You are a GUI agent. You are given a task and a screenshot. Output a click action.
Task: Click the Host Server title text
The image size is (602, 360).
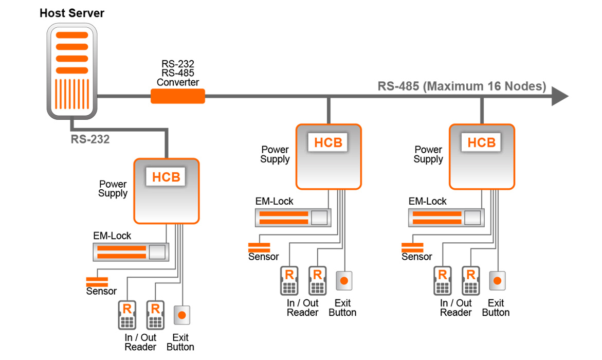(x=71, y=13)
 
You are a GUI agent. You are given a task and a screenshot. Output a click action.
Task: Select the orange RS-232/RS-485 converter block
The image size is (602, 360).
(x=177, y=96)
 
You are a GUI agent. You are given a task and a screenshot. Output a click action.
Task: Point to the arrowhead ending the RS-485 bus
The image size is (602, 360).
(x=559, y=96)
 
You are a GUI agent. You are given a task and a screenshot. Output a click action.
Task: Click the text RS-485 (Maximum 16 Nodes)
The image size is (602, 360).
(x=462, y=86)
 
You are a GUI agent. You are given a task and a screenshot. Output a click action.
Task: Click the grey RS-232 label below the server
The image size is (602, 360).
(x=90, y=139)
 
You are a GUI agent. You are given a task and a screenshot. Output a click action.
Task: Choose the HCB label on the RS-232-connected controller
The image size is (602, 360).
(x=167, y=177)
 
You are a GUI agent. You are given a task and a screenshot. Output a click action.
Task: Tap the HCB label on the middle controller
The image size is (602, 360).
(x=328, y=142)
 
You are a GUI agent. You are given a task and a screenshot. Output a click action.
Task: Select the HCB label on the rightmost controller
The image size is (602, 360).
(x=481, y=142)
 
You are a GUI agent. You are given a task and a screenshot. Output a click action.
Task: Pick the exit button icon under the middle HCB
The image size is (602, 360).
(x=343, y=281)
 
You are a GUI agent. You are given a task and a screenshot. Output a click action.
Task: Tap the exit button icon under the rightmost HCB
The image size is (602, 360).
(x=497, y=281)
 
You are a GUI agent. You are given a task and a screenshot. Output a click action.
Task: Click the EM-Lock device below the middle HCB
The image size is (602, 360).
(x=293, y=217)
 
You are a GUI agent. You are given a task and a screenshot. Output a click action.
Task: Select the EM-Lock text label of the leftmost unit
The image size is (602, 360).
(x=112, y=236)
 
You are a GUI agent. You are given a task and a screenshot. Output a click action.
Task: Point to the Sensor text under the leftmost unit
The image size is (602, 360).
(x=101, y=291)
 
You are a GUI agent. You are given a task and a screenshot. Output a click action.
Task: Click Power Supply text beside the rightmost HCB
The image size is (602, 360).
(x=428, y=154)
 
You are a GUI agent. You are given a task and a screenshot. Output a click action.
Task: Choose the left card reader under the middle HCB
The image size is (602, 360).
(x=289, y=281)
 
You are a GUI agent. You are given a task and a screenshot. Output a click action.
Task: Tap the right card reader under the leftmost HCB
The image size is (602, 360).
(x=155, y=315)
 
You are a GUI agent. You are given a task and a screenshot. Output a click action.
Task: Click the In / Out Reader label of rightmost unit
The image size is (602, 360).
(x=455, y=308)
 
